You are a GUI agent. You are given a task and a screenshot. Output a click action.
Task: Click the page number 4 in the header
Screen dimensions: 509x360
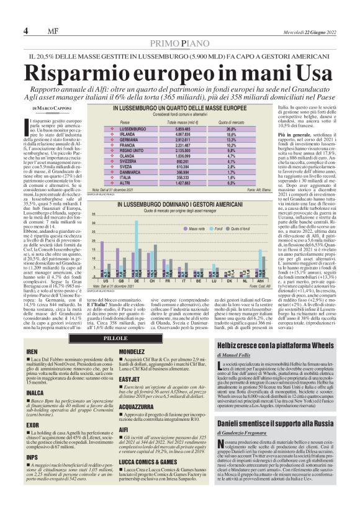[26, 31]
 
